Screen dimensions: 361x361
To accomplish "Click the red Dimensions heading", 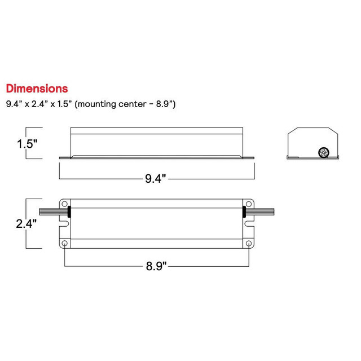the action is click(37, 89).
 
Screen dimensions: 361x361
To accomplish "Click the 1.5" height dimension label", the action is click(27, 144).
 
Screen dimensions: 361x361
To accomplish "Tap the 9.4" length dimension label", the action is click(156, 178).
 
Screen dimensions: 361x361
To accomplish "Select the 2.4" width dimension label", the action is click(27, 223).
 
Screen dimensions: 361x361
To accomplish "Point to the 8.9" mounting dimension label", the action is click(156, 266).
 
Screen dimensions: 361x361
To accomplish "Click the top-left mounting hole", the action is click(65, 204).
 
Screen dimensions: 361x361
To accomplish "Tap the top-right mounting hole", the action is click(249, 204).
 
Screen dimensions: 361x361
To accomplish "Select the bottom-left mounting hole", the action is click(65, 243).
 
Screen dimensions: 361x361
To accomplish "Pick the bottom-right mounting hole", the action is click(249, 243).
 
